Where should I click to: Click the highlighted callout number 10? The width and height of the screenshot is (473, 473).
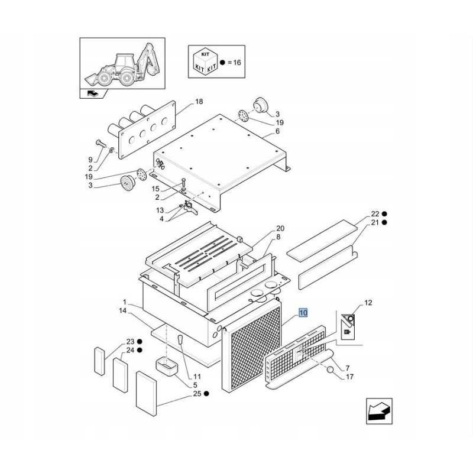click(303, 313)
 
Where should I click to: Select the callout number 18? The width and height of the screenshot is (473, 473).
click(199, 101)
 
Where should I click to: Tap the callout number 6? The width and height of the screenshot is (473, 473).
click(277, 131)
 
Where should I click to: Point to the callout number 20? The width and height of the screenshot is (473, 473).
click(280, 228)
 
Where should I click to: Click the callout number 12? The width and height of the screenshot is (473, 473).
click(368, 303)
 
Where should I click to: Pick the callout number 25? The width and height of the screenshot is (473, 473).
click(197, 394)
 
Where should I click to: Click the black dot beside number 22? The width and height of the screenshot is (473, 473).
click(384, 214)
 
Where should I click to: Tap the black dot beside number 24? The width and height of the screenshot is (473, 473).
click(140, 350)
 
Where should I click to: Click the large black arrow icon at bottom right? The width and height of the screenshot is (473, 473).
click(379, 411)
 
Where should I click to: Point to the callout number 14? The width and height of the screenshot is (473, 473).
click(123, 310)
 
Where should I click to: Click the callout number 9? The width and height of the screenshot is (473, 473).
click(90, 160)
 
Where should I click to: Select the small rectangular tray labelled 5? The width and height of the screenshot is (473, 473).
click(167, 365)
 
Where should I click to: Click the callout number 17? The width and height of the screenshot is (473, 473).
click(349, 377)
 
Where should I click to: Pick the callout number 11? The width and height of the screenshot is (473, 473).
click(197, 377)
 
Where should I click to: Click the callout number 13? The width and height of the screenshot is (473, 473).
click(160, 210)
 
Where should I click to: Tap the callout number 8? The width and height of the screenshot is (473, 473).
click(278, 237)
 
